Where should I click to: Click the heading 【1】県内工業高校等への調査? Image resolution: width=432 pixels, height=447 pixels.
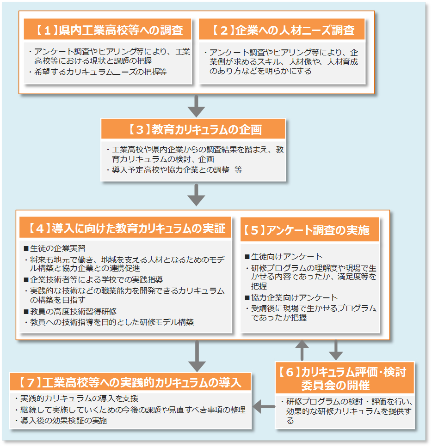[x=108, y=30]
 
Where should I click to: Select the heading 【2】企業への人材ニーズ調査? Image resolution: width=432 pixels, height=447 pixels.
[x=282, y=30]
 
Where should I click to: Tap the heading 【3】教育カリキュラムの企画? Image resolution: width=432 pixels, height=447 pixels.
[x=193, y=129]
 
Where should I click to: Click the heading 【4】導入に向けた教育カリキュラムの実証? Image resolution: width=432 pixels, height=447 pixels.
[x=125, y=229]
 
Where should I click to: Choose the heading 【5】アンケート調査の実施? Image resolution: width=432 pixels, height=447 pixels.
[x=309, y=230]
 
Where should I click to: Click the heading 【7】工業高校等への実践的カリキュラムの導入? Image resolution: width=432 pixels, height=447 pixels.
[x=131, y=382]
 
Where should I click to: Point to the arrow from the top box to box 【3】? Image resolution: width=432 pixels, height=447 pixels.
[x=197, y=106]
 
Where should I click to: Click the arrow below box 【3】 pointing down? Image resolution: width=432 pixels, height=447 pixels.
[x=197, y=195]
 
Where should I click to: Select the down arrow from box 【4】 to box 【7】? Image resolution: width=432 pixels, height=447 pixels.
[x=197, y=356]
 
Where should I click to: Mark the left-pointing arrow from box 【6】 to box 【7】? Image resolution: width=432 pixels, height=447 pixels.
[x=264, y=407]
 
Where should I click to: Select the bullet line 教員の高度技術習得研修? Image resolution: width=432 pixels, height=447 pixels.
[x=73, y=312]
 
